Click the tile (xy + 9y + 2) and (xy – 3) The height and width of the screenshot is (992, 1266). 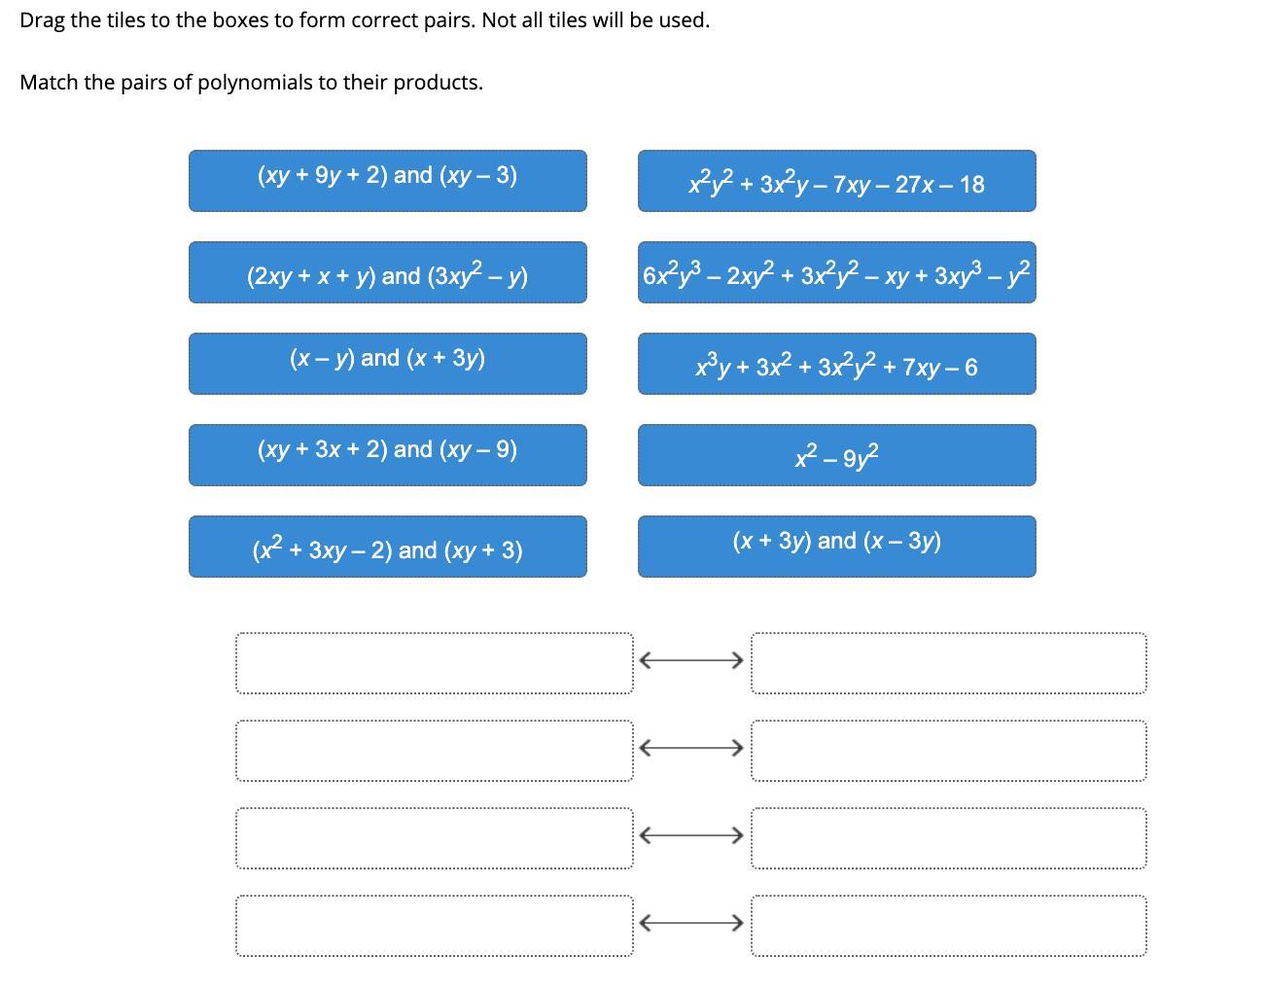click(387, 180)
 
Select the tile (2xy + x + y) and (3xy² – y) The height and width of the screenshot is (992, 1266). click(387, 272)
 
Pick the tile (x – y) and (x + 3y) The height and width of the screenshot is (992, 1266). click(387, 363)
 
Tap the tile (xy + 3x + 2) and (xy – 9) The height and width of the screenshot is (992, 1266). click(387, 454)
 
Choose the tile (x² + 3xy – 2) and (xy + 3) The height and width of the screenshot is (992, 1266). click(387, 547)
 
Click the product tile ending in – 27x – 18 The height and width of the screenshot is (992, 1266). click(836, 181)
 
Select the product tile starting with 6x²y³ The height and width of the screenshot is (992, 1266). click(836, 272)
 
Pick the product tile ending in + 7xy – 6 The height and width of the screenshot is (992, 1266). click(836, 364)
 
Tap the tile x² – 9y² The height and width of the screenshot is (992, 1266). click(836, 454)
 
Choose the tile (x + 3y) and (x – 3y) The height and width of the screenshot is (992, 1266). click(836, 546)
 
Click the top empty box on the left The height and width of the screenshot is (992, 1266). click(434, 663)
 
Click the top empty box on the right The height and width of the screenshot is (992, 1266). click(948, 663)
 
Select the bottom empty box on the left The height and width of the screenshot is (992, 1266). click(434, 926)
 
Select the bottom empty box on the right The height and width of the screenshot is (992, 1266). click(948, 926)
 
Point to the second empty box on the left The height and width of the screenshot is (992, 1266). click(434, 751)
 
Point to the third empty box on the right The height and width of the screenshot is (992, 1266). click(948, 838)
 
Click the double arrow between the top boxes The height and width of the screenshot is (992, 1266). click(691, 660)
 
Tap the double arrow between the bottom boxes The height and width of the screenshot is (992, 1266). click(691, 922)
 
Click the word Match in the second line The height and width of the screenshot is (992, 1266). click(49, 83)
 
